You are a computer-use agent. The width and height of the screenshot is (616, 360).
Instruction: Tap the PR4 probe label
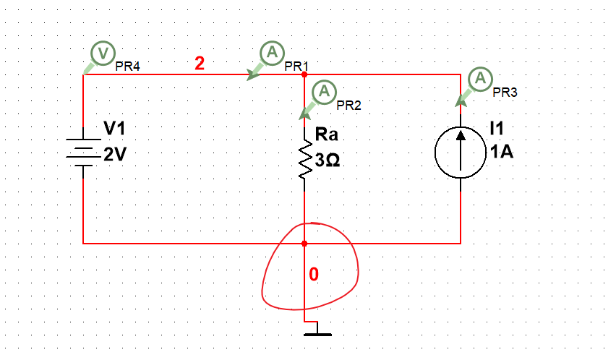coord(127,66)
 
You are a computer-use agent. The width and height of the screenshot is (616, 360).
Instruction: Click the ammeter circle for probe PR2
coord(325,91)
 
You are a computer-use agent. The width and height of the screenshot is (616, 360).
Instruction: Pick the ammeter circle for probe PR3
coord(480,78)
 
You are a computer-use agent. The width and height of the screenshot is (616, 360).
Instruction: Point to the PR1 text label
coord(296,66)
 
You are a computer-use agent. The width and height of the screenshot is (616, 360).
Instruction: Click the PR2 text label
coord(348,105)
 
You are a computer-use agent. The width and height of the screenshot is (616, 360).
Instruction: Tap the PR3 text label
coord(505,93)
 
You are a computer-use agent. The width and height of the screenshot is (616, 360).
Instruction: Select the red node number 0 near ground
coord(313,275)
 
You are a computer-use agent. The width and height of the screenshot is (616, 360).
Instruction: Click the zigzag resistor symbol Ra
coord(305,159)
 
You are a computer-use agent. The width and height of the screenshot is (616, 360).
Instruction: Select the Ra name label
coord(327,134)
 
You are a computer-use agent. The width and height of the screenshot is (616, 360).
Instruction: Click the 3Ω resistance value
coord(328,159)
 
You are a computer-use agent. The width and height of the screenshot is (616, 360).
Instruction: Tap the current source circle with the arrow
coord(461,150)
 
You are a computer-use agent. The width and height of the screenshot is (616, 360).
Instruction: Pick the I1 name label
coord(496,129)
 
